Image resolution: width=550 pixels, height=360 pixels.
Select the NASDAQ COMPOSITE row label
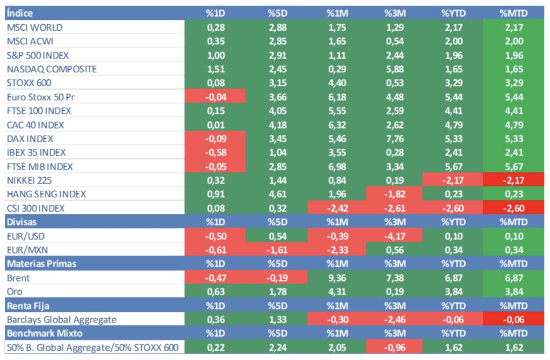(52, 69)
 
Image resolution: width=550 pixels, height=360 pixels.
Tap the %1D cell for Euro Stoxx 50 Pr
(215, 97)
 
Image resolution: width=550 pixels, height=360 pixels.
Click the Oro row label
(14, 292)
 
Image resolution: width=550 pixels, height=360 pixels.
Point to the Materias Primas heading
(41, 264)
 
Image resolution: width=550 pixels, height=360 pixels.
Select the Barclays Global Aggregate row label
(61, 320)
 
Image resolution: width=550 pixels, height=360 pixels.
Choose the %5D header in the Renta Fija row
(277, 306)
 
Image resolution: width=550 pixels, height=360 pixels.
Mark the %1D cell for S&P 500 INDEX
(215, 55)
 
